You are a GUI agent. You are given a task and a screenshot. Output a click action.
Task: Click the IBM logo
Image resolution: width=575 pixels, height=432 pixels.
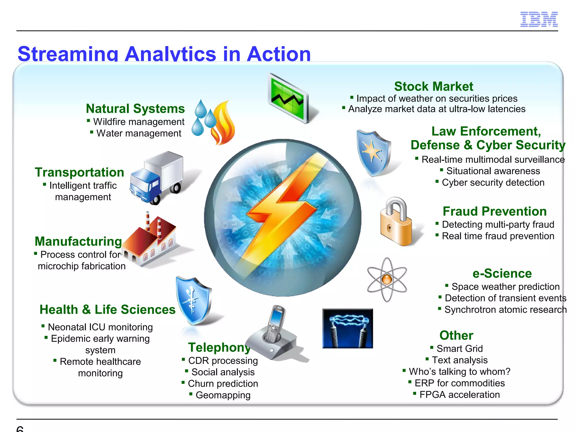pyautogui.click(x=539, y=19)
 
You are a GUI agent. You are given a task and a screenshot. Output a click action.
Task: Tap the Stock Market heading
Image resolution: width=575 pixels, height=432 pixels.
pyautogui.click(x=433, y=86)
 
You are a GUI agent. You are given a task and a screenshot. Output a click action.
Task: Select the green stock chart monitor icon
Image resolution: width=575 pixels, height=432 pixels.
pyautogui.click(x=288, y=98)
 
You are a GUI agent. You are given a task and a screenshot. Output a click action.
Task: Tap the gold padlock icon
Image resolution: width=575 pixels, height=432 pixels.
pyautogui.click(x=396, y=222)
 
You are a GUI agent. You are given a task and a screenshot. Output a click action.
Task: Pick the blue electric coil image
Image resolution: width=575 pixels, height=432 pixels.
pyautogui.click(x=348, y=328)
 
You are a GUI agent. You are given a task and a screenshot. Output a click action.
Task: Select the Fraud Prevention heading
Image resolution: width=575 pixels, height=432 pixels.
pyautogui.click(x=495, y=211)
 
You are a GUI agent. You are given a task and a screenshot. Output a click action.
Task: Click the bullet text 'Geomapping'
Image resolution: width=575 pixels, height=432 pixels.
pyautogui.click(x=223, y=395)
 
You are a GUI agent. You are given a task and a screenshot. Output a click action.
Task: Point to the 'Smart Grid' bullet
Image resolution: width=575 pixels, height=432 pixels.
pyautogui.click(x=460, y=349)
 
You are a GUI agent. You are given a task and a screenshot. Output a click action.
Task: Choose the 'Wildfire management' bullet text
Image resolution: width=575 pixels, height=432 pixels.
pyautogui.click(x=139, y=122)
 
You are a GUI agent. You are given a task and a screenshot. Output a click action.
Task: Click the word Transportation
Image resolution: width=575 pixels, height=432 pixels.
pyautogui.click(x=79, y=172)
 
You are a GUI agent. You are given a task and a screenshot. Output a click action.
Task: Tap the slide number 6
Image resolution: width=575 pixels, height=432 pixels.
pyautogui.click(x=20, y=429)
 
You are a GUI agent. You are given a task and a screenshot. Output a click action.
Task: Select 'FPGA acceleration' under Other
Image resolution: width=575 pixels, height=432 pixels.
pyautogui.click(x=460, y=395)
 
